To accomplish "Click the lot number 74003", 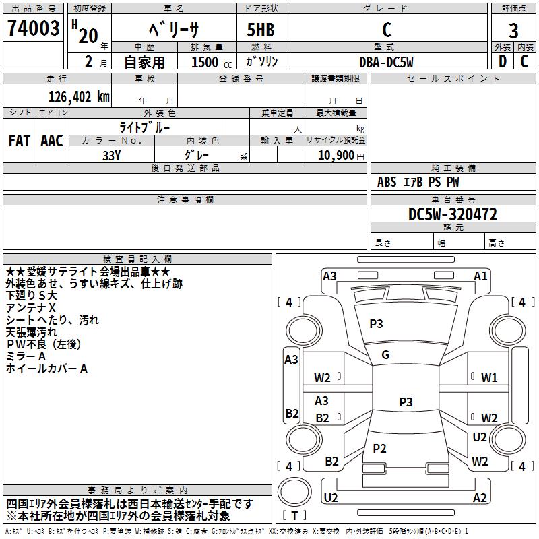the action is (33, 28).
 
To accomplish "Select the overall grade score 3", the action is (513, 30).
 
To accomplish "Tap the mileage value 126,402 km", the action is (79, 97).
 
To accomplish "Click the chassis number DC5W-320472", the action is (453, 214).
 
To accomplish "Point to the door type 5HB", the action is (261, 30).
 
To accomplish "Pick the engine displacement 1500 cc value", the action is (212, 62).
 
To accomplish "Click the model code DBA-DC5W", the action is (386, 62).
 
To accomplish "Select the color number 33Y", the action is (111, 156).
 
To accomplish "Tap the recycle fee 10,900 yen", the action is (341, 156).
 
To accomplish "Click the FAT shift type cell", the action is (20, 141).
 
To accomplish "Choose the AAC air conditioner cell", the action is (52, 141).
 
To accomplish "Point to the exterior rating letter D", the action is (503, 61).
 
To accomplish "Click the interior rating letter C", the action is (524, 61).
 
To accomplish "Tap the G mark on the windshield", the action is (385, 355).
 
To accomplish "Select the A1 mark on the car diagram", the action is (480, 276).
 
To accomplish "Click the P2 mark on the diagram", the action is (379, 448).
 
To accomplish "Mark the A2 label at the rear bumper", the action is (480, 497).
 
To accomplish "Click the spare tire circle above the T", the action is (294, 491).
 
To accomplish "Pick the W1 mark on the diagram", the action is (489, 378).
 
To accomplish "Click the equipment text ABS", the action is (387, 182).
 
